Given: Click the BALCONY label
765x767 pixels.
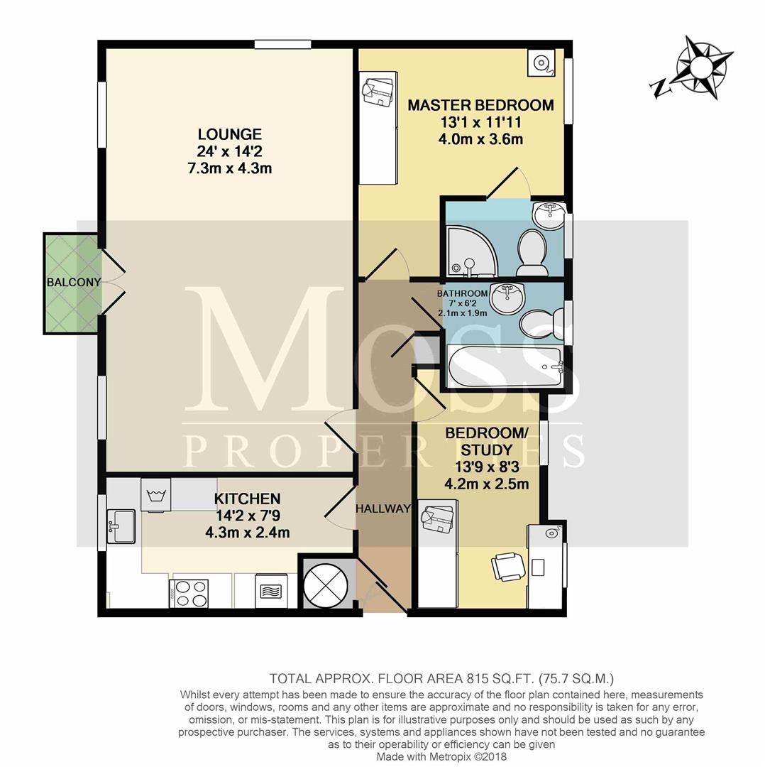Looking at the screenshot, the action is (x=74, y=282).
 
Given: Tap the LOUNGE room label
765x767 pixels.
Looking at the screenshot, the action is (x=230, y=134).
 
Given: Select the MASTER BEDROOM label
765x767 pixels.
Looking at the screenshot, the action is (x=481, y=105).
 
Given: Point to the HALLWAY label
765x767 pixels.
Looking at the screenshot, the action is (x=382, y=508).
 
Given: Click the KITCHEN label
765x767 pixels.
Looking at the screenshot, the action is (x=248, y=499).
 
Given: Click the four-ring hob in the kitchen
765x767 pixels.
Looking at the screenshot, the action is (x=189, y=593).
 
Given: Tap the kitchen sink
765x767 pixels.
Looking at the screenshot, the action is (x=121, y=526).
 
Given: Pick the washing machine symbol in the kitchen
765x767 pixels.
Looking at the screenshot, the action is (x=156, y=494).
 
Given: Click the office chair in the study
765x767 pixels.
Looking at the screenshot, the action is (x=508, y=567).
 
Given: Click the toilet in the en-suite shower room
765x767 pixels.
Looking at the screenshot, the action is (x=532, y=253).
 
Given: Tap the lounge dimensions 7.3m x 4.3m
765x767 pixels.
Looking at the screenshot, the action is (x=230, y=168).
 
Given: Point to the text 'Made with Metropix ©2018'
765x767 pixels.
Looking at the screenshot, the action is (x=441, y=756).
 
